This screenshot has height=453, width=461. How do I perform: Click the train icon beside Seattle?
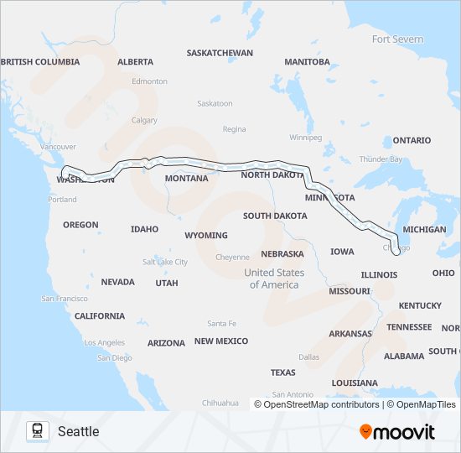(x=37, y=431)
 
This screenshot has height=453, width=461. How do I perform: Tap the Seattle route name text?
(x=78, y=431)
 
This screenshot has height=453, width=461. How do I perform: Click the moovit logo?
(x=397, y=431)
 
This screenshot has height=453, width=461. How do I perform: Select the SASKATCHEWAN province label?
(x=220, y=53)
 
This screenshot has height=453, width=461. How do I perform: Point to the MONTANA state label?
(x=186, y=179)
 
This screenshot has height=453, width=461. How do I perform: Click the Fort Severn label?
(x=397, y=39)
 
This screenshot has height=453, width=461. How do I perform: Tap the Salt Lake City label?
(x=165, y=262)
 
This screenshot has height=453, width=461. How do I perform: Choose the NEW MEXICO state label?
(x=221, y=341)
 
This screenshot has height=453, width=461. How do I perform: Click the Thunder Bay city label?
(x=381, y=159)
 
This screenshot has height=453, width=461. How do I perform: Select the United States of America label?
(x=274, y=279)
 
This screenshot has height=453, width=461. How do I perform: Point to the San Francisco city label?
(x=65, y=299)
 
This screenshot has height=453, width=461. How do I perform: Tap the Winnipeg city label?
(x=305, y=137)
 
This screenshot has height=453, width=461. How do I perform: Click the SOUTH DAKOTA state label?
(x=275, y=216)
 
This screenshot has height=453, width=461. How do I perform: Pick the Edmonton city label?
(x=149, y=81)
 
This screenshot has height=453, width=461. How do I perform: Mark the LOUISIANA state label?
(x=355, y=383)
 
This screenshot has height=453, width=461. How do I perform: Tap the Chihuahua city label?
(x=220, y=403)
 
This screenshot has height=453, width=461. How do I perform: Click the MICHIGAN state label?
(x=424, y=229)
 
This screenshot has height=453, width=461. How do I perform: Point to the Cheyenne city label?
(x=232, y=257)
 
